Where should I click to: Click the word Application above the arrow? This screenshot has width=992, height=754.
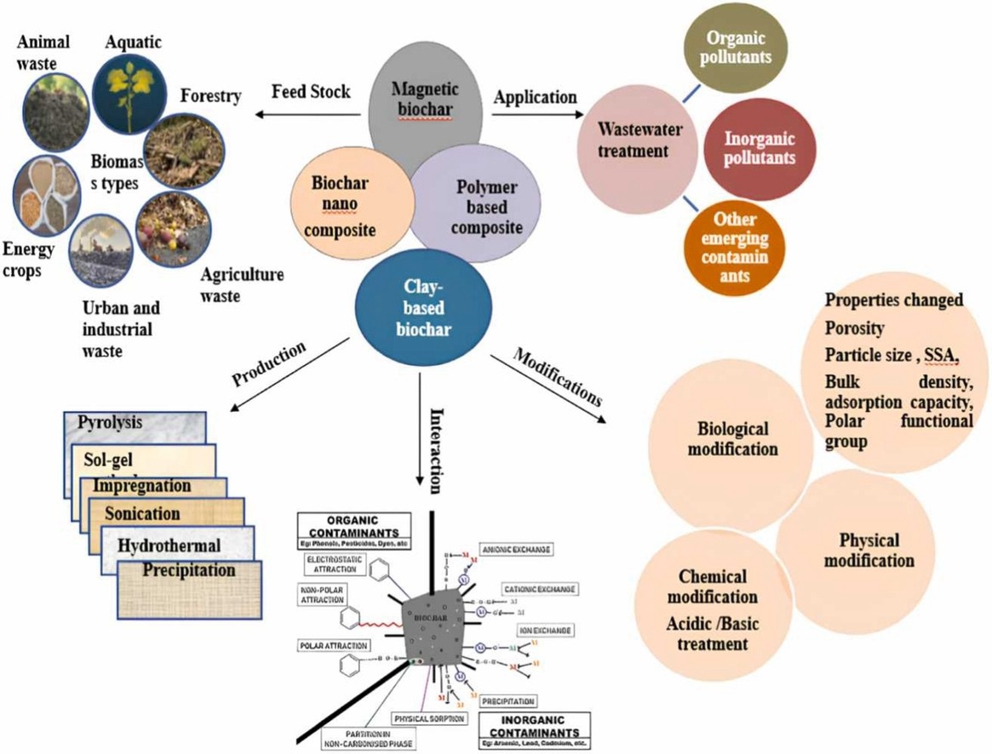(534, 97)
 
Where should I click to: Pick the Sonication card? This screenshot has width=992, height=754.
(143, 513)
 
